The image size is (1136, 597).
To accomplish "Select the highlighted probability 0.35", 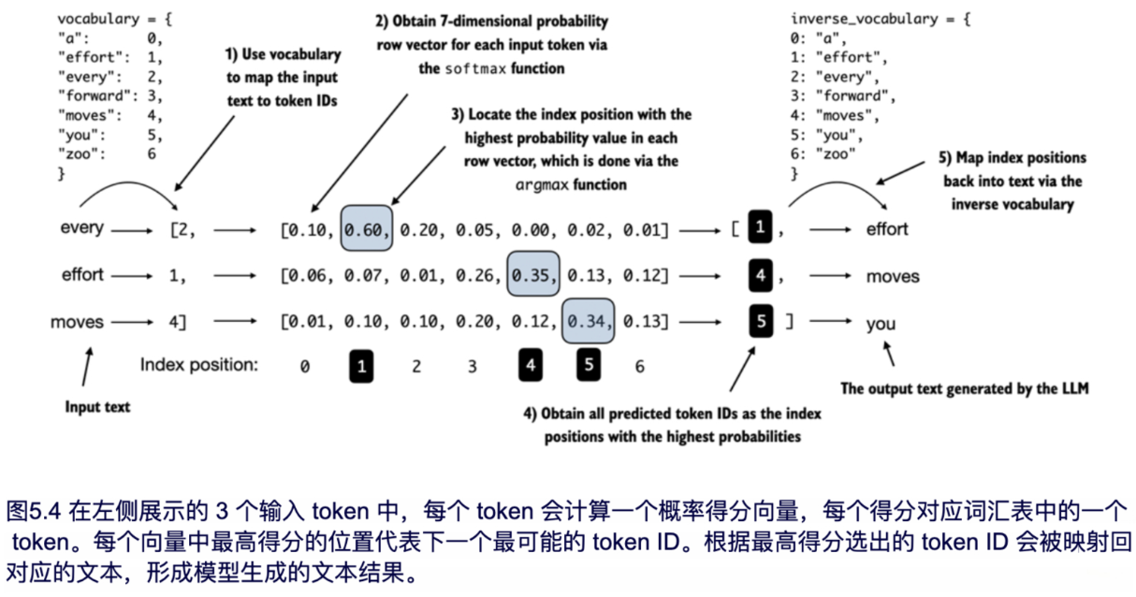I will click(533, 276).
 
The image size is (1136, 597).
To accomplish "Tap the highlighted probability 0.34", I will click(589, 323).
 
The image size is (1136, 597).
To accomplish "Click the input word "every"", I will click(81, 228).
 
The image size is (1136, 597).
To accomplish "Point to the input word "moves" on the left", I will click(78, 322).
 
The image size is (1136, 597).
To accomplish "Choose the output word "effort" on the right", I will click(887, 228).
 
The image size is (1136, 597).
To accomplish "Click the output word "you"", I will click(881, 324).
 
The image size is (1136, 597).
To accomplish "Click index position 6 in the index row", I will click(639, 367).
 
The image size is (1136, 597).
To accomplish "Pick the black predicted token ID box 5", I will click(762, 323).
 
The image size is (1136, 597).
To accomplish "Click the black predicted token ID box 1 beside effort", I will click(762, 228).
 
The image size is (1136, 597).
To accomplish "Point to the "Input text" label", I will click(96, 407).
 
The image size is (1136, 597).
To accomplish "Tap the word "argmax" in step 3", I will click(545, 184).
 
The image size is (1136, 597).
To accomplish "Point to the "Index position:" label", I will click(197, 365).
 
